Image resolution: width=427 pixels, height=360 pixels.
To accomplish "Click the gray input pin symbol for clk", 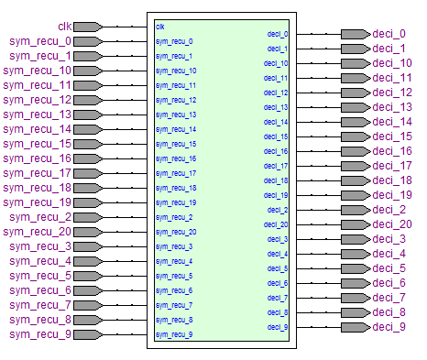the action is (x=88, y=27).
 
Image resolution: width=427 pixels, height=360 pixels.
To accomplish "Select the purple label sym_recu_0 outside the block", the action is (x=40, y=41).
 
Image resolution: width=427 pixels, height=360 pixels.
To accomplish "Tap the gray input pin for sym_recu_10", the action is (x=88, y=71).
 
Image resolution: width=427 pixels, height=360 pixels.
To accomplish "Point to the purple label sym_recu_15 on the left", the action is (x=37, y=144).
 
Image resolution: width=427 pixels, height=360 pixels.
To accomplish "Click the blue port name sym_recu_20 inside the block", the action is (x=176, y=232).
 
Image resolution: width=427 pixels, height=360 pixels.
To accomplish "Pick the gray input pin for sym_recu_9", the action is (x=88, y=334).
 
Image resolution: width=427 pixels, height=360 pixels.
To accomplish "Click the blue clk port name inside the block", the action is (x=160, y=27).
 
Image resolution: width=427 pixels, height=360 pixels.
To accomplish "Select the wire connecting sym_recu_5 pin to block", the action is (x=126, y=276).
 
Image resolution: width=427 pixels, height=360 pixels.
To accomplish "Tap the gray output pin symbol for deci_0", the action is (x=356, y=34).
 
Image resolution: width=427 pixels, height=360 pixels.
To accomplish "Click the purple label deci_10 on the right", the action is (x=392, y=63).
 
